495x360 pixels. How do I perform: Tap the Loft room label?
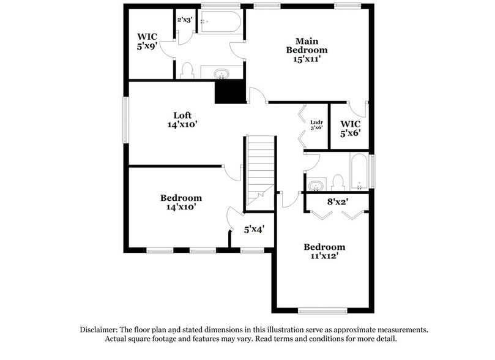tap(182, 115)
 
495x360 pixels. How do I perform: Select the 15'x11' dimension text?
tap(307, 59)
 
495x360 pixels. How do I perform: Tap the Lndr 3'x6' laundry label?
tap(316, 124)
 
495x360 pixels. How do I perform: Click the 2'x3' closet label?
tap(184, 20)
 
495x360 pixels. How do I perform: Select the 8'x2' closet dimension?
tap(337, 201)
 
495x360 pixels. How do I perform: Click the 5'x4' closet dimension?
tap(254, 230)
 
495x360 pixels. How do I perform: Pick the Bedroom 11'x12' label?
tap(324, 252)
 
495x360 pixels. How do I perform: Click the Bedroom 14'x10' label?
tap(181, 202)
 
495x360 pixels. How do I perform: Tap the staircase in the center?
tap(261, 171)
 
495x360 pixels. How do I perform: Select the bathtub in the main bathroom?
tap(221, 22)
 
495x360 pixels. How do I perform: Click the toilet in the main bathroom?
tap(187, 70)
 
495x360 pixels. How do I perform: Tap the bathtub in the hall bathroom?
tap(359, 171)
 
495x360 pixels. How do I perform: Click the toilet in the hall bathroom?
tap(338, 182)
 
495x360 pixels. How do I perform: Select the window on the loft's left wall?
tap(125, 120)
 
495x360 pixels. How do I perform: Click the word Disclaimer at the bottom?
tap(99, 329)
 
